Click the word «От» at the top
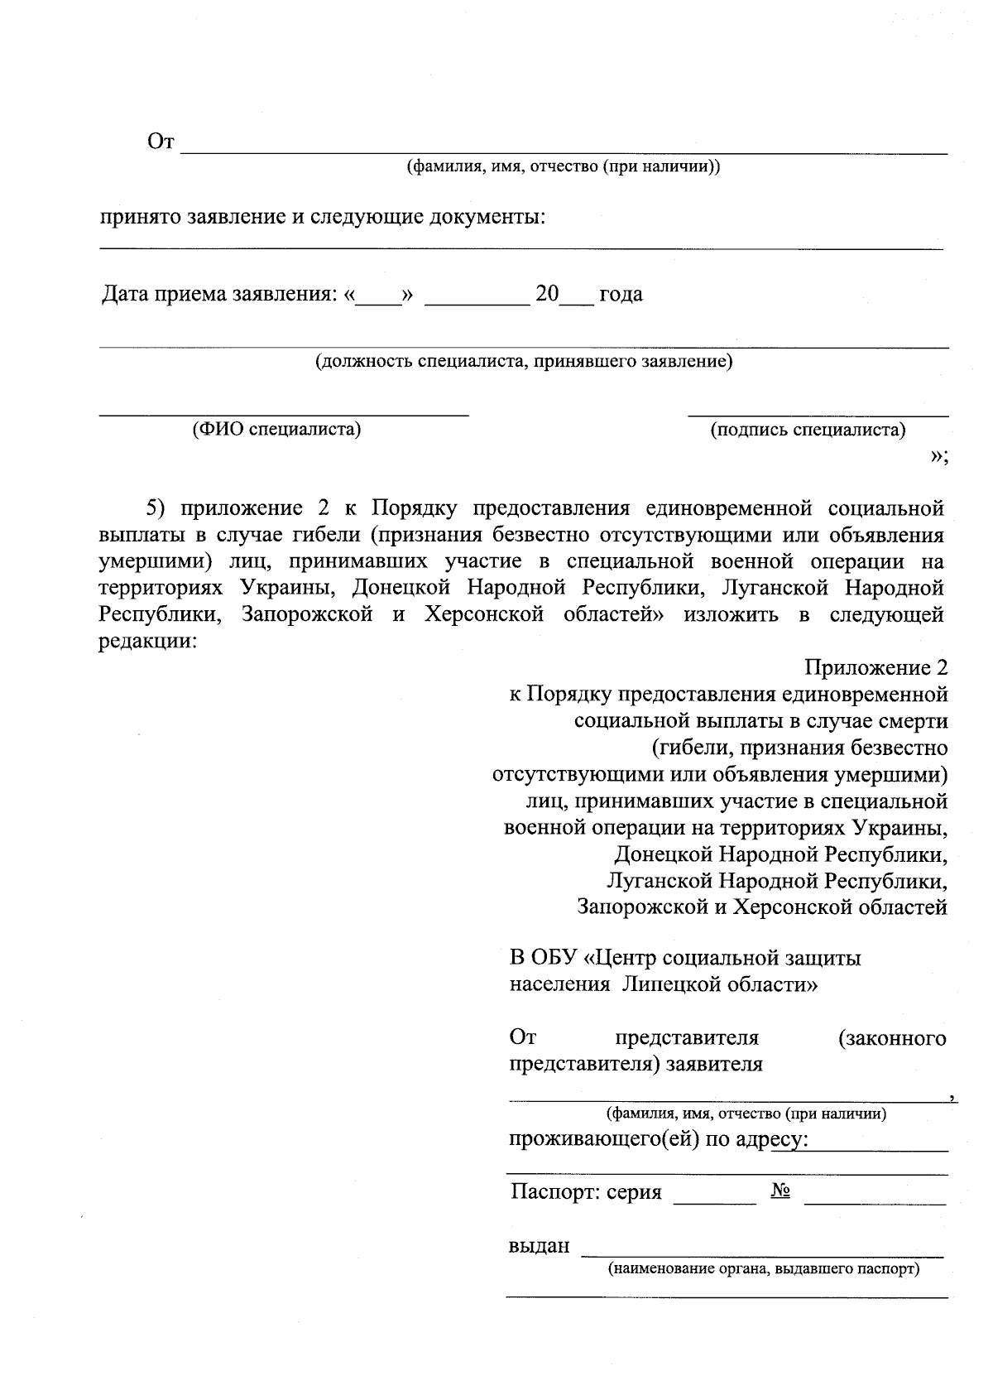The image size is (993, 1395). click(x=161, y=142)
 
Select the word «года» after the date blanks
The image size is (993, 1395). click(x=621, y=294)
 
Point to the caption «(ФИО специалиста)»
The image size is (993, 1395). click(x=276, y=429)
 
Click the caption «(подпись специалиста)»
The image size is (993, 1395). click(x=808, y=430)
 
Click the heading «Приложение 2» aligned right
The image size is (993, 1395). click(x=875, y=667)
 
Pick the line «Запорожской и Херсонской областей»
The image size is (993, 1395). click(x=761, y=907)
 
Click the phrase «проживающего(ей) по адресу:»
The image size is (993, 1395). click(x=658, y=1140)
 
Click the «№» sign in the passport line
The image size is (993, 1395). click(x=780, y=1191)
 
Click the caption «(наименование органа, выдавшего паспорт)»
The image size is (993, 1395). click(x=764, y=1269)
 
